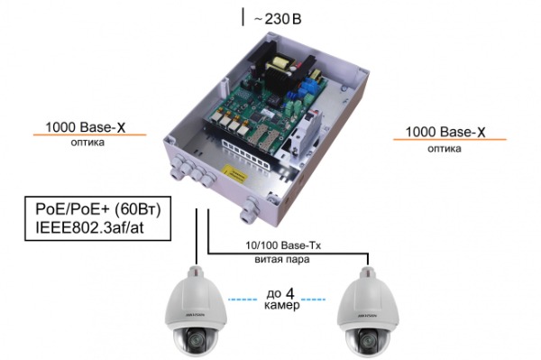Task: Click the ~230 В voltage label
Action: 277,16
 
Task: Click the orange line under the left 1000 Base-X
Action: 90,135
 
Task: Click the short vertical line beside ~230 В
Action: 242,16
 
